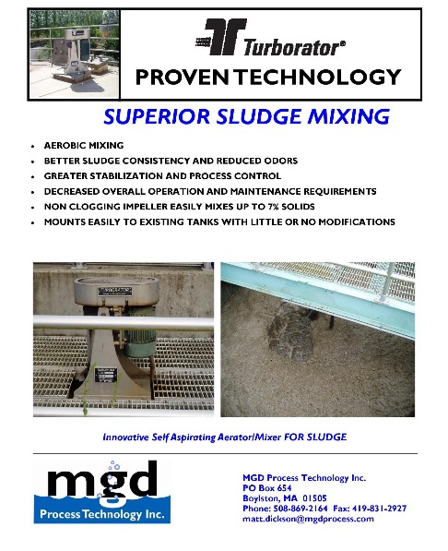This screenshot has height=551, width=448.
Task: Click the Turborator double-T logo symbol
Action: [220, 37]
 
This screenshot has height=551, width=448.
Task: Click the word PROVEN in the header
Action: [183, 77]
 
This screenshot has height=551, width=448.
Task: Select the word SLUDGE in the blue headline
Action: [259, 116]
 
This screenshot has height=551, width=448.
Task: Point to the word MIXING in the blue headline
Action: [348, 116]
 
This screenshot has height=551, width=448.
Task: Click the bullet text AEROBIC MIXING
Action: [84, 146]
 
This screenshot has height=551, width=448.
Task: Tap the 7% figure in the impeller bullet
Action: [273, 207]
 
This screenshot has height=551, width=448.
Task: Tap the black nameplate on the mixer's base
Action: [106, 375]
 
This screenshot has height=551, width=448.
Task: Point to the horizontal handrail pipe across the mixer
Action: [124, 323]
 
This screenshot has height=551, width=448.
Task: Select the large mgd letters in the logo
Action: [101, 480]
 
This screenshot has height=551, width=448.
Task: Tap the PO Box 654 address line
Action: [267, 488]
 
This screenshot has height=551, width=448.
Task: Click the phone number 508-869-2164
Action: [301, 509]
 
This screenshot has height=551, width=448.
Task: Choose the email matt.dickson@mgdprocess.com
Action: [308, 519]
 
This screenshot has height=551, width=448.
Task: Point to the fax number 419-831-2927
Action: [379, 509]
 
